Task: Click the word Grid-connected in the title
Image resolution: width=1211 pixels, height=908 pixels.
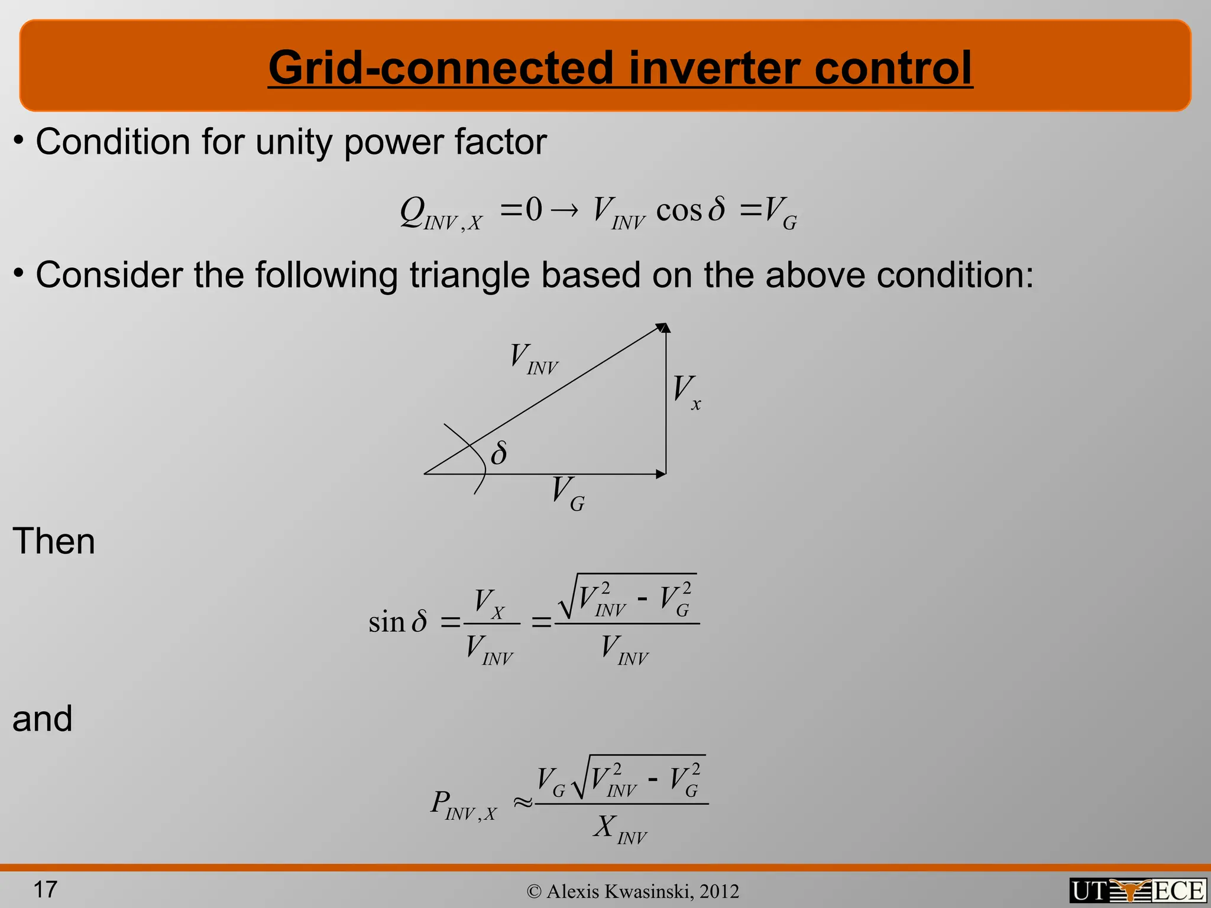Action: (x=441, y=68)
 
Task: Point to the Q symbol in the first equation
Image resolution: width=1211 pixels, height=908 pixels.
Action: (x=412, y=210)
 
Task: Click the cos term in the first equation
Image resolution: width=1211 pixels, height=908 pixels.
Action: (x=679, y=210)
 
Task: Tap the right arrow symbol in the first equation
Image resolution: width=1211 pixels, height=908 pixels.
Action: (x=565, y=211)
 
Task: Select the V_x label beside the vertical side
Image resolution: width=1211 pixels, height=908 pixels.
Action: (x=686, y=392)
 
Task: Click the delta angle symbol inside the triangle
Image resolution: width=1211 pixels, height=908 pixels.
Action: (x=498, y=453)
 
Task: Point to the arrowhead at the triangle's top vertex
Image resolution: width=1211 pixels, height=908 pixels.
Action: (x=663, y=328)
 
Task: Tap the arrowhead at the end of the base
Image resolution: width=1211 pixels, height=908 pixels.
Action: (x=660, y=474)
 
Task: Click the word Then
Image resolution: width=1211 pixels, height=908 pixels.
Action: (x=54, y=541)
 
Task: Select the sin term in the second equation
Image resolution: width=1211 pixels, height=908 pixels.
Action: (x=386, y=622)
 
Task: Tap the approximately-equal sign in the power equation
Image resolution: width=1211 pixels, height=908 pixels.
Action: (x=523, y=802)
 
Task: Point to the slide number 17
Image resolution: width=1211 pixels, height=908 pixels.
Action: (x=45, y=889)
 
